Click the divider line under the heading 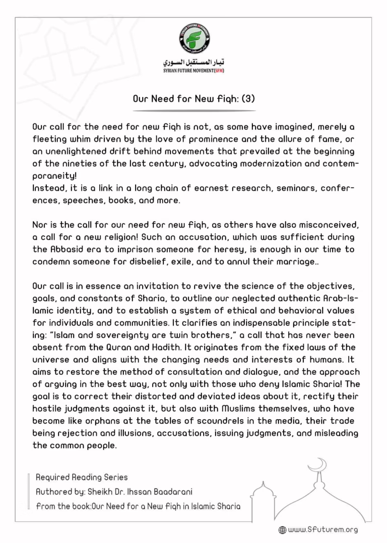coord(193,110)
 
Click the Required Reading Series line coord(82,477)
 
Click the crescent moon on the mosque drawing coord(319,463)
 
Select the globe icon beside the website coord(282,530)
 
